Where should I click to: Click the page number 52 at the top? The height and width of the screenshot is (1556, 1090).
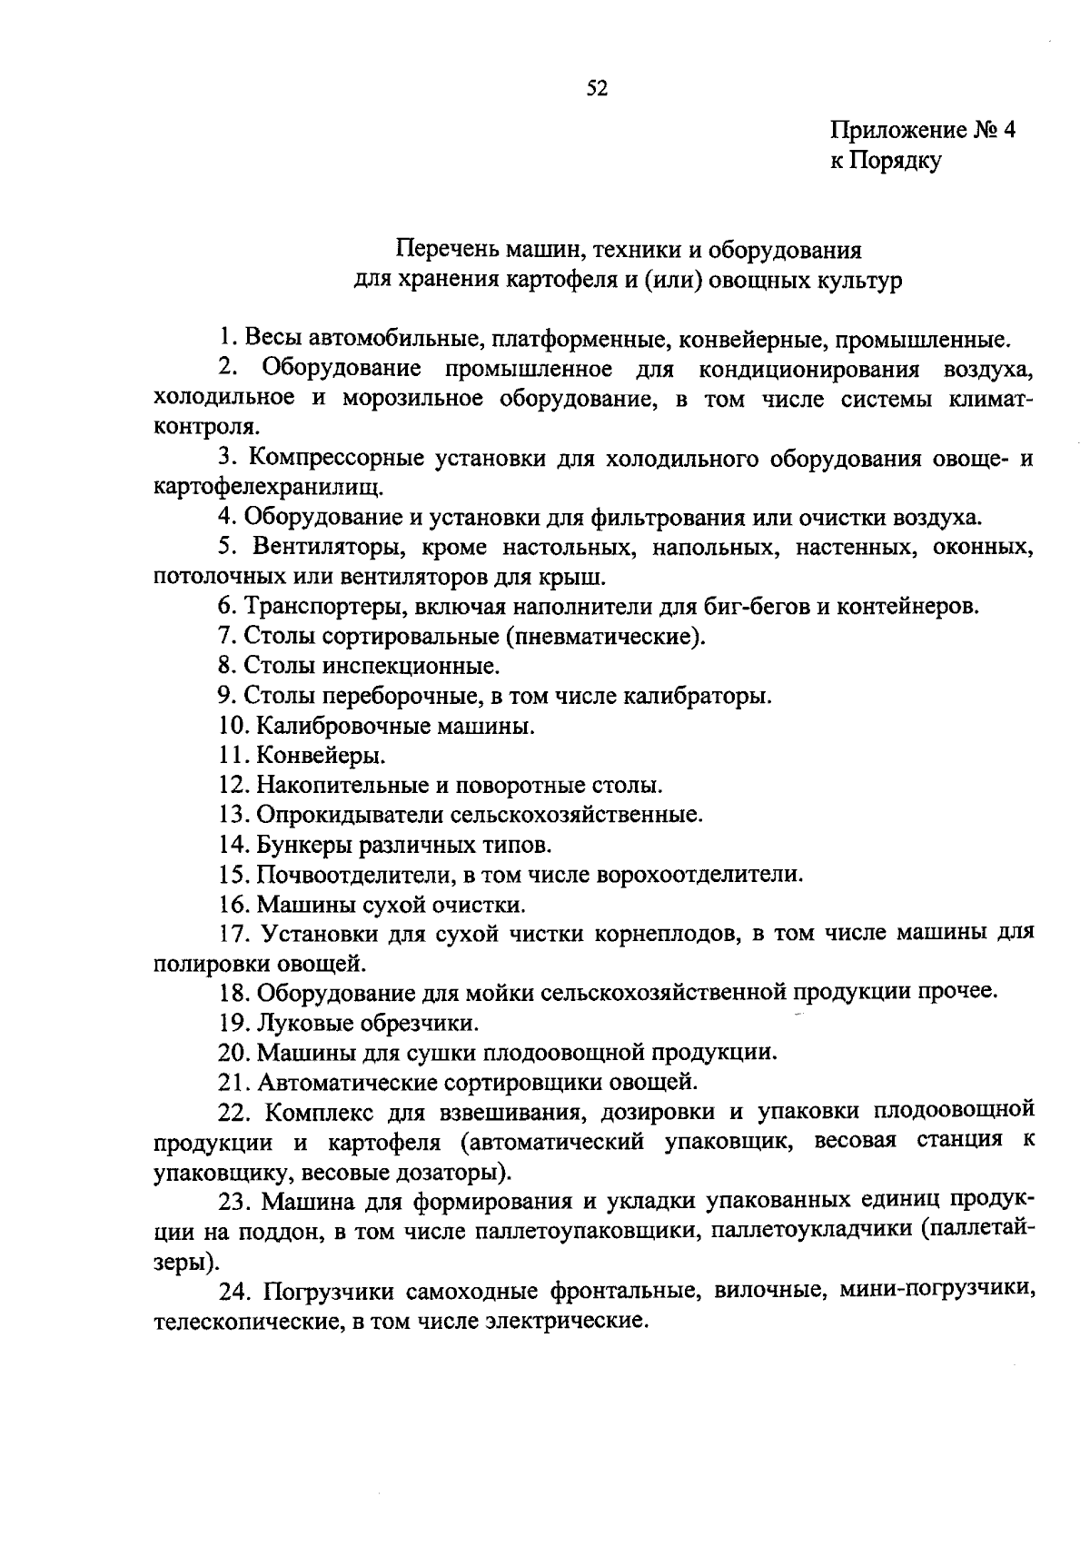coord(597,88)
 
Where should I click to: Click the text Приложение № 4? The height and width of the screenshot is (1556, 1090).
coord(922,131)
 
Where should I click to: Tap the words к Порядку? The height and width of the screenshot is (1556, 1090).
coord(885,162)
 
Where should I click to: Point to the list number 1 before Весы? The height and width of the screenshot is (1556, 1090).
coord(225,340)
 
